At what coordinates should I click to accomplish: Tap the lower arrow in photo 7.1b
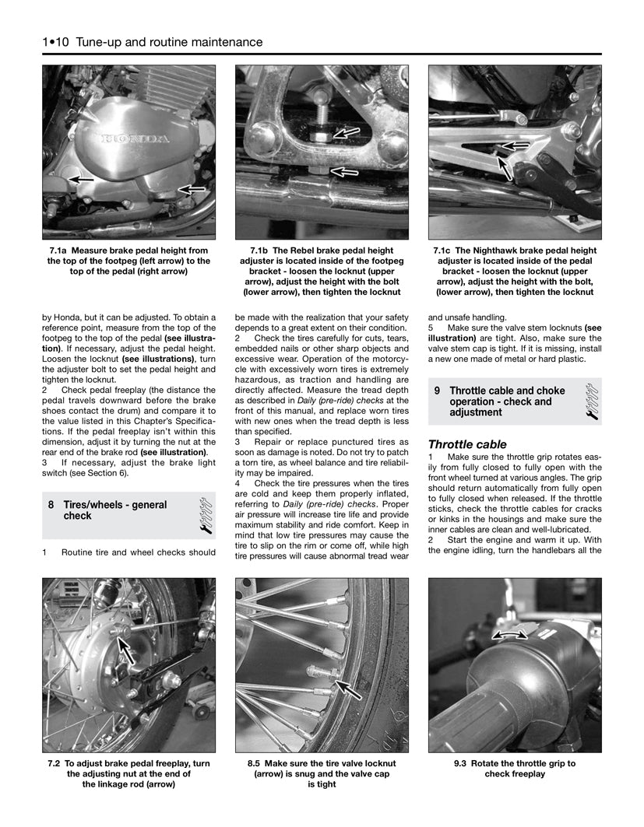tap(345, 170)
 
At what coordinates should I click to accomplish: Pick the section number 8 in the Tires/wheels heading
tap(51, 505)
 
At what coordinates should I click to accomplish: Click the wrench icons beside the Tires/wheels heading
tap(206, 516)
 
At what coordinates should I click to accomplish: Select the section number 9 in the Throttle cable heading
tap(438, 391)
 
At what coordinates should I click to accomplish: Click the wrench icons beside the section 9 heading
tap(592, 401)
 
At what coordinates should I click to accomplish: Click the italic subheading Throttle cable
tap(467, 444)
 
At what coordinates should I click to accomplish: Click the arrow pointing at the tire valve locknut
tap(347, 687)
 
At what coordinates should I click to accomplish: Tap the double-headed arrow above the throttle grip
tap(509, 636)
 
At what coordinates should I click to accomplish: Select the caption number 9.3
tap(463, 764)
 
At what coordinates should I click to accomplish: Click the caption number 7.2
tap(56, 764)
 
